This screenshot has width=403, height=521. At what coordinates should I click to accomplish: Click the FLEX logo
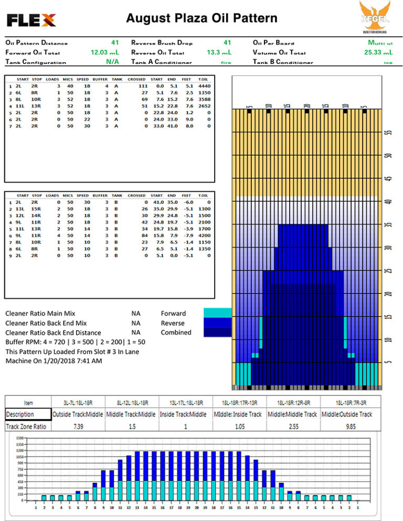[x=31, y=20]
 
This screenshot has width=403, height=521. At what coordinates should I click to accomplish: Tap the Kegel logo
[x=374, y=17]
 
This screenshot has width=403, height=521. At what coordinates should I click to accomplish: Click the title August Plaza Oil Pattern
[x=201, y=19]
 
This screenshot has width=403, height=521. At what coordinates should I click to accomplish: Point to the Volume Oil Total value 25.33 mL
[x=379, y=52]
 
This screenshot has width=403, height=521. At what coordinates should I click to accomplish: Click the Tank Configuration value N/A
[x=112, y=62]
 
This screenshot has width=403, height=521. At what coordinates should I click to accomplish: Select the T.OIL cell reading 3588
[x=205, y=99]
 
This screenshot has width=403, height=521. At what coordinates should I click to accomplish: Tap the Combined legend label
[x=176, y=332]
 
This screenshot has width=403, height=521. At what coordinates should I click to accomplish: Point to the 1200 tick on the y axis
[x=20, y=451]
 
